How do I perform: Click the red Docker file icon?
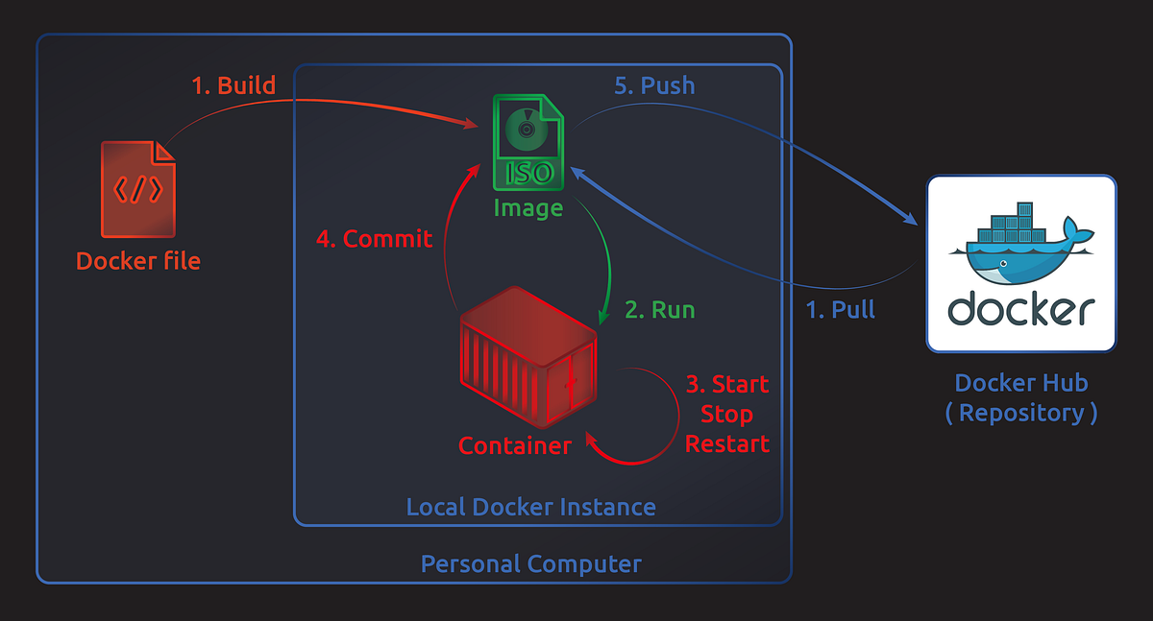pyautogui.click(x=138, y=189)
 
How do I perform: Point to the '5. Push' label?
pyautogui.click(x=653, y=85)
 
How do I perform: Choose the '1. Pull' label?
pyautogui.click(x=840, y=309)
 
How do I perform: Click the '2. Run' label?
pyautogui.click(x=659, y=309)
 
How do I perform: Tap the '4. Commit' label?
pyautogui.click(x=375, y=239)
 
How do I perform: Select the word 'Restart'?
pyautogui.click(x=727, y=444)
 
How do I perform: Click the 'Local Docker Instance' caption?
pyautogui.click(x=530, y=507)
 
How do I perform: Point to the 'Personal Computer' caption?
pyautogui.click(x=530, y=563)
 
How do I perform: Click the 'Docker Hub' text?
pyautogui.click(x=1020, y=383)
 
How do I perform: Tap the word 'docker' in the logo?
pyautogui.click(x=1020, y=310)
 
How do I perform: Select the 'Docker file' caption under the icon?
pyautogui.click(x=138, y=261)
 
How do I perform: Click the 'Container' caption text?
pyautogui.click(x=514, y=445)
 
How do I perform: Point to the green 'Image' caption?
pyautogui.click(x=527, y=207)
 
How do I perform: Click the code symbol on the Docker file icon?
pyautogui.click(x=137, y=189)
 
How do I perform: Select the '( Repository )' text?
pyautogui.click(x=1020, y=413)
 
